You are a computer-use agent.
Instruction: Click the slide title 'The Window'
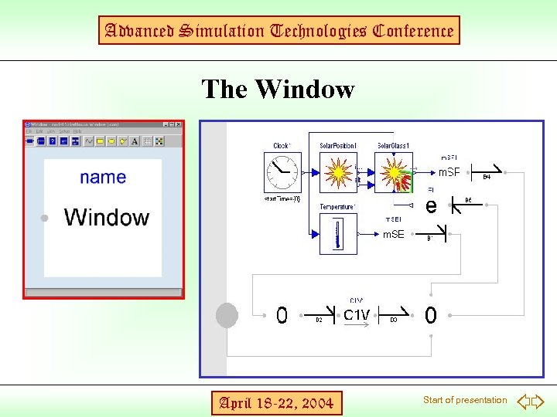click(278, 90)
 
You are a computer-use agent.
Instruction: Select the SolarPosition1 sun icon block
click(338, 172)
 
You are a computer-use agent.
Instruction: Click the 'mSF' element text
click(449, 172)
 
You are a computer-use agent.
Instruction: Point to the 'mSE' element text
click(393, 234)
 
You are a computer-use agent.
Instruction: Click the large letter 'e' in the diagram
click(431, 205)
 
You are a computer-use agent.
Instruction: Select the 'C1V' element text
click(357, 315)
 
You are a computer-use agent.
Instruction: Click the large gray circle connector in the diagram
click(227, 315)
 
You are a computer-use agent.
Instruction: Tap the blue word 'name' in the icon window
click(103, 178)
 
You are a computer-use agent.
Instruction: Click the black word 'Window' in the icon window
click(107, 217)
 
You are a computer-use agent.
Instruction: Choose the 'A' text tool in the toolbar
click(135, 141)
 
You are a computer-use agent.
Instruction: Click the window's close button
click(178, 124)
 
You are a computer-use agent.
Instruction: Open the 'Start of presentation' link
click(465, 400)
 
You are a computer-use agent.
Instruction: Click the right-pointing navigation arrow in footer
click(538, 402)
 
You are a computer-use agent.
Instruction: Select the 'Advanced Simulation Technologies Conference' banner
click(278, 31)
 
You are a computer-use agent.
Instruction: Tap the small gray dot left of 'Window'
click(46, 219)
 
